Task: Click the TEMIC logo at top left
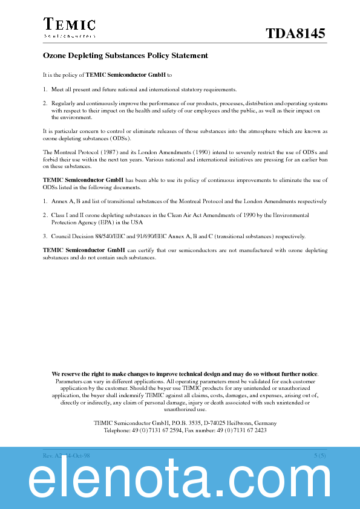coord(69,27)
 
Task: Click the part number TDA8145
coord(295,34)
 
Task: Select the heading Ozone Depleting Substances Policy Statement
coord(125,56)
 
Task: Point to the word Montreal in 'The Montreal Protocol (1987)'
coord(68,152)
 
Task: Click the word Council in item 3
coord(62,236)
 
